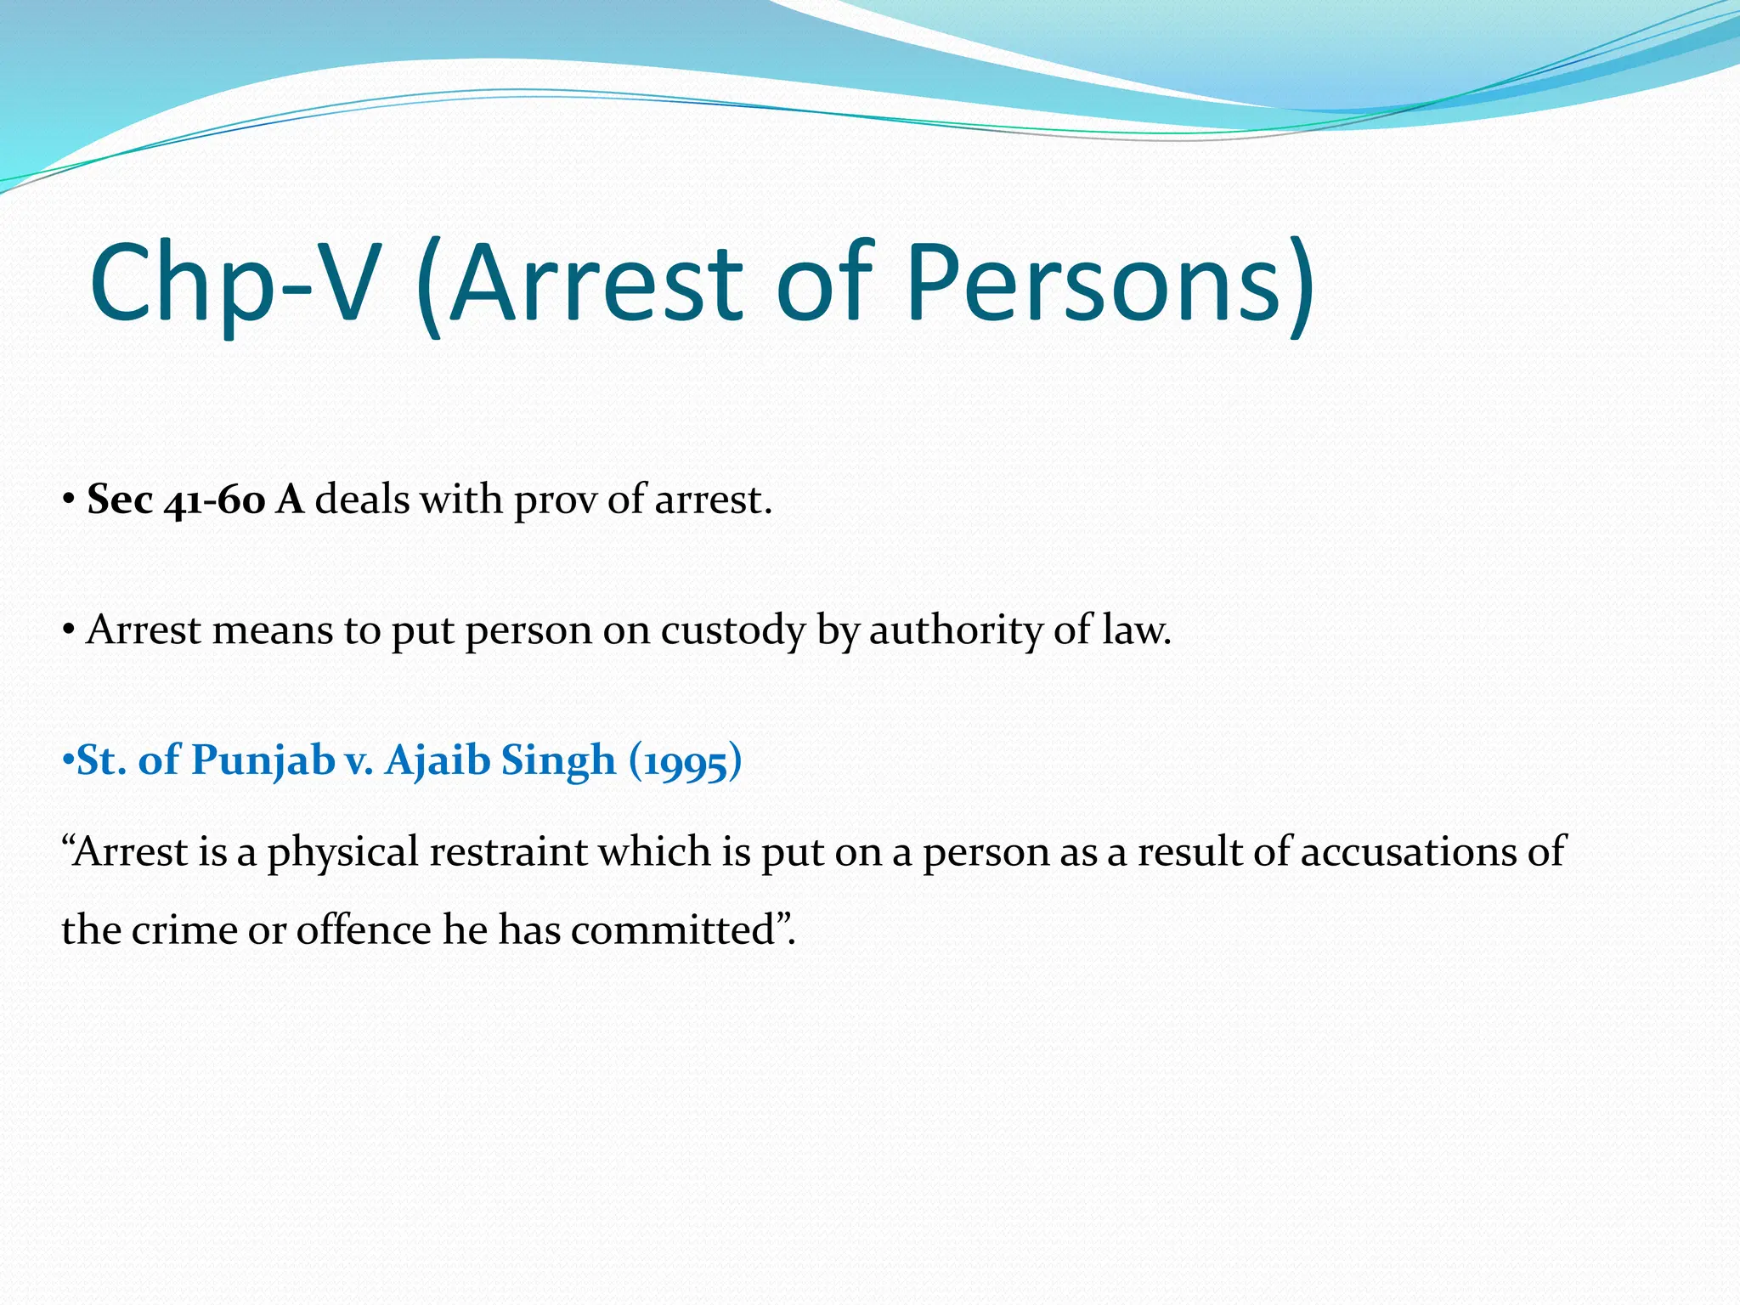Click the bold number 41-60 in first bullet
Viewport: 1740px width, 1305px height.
click(x=215, y=500)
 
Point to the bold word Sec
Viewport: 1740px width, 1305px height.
click(x=120, y=500)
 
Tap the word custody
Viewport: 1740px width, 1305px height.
click(x=732, y=631)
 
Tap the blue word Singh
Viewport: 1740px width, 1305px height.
click(x=558, y=760)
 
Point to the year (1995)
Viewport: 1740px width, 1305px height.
click(x=686, y=760)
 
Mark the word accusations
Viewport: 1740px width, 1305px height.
click(x=1408, y=850)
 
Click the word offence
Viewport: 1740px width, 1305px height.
click(x=364, y=929)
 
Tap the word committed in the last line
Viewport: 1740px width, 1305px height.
click(x=673, y=929)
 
